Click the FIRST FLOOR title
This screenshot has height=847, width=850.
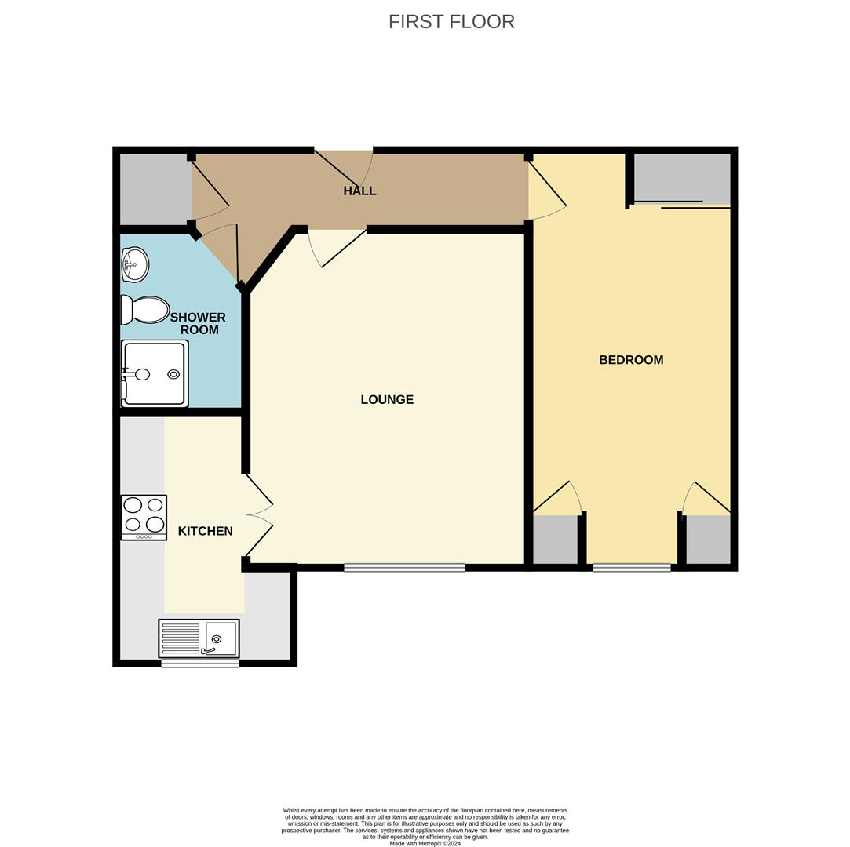[x=451, y=22]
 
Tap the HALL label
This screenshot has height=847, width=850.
[x=359, y=191]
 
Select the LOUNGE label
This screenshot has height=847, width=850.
[x=387, y=399]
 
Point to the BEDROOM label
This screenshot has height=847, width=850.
[x=631, y=360]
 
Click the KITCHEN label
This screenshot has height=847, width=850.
[x=205, y=531]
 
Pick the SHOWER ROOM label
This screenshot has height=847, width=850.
[x=198, y=323]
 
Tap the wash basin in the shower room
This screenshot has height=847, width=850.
[x=135, y=264]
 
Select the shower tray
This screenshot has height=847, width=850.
[x=155, y=373]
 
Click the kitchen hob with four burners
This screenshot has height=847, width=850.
[x=144, y=517]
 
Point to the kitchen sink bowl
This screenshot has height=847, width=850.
[x=220, y=638]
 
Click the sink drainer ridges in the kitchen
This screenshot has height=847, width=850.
[x=181, y=638]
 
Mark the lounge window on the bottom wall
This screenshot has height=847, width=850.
[x=404, y=568]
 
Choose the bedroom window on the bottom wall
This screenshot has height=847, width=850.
[x=631, y=568]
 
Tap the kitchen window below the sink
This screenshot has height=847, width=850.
[x=199, y=663]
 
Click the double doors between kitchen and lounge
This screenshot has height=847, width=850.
[x=260, y=515]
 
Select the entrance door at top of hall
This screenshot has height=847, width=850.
[x=343, y=167]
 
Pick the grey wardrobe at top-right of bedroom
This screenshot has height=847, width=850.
[x=681, y=178]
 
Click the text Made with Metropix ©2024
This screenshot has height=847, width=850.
[x=425, y=844]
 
